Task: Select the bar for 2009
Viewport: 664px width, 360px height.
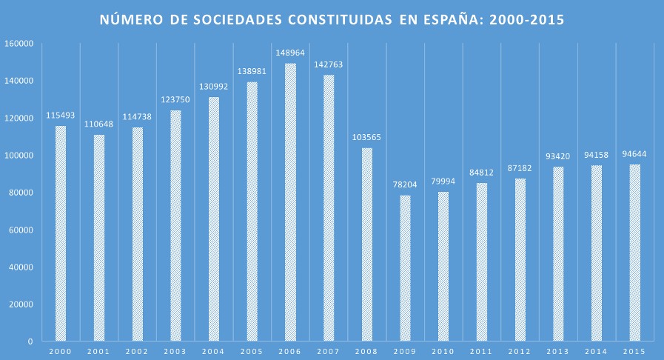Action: coord(405,268)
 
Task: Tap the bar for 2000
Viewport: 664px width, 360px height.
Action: coord(61,233)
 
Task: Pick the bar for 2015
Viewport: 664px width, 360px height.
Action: coord(634,253)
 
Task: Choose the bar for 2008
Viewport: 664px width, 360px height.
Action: coord(367,244)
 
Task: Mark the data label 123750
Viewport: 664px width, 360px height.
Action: coord(175,100)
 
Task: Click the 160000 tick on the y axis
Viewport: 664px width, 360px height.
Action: coord(19,44)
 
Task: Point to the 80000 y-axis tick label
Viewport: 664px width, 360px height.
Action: coord(21,193)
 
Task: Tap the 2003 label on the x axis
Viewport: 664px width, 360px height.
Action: coord(175,351)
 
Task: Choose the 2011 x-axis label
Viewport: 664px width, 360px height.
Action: coord(481,351)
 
